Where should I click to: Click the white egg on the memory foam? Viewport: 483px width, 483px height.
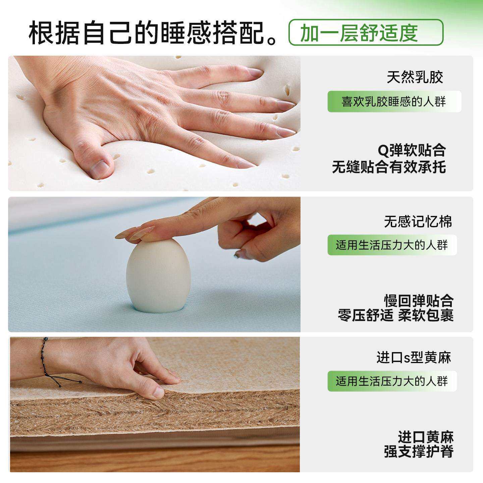158,275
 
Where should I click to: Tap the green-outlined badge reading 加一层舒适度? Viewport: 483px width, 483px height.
366,33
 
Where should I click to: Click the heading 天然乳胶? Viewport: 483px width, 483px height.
415,77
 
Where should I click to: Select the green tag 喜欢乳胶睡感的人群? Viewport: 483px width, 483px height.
394,101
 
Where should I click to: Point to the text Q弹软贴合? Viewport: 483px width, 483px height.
412,150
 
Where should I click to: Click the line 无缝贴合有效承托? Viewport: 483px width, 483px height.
389,167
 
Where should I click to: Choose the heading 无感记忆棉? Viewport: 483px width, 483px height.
418,222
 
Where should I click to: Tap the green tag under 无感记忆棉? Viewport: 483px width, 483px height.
392,245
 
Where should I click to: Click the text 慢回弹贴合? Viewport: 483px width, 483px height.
419,301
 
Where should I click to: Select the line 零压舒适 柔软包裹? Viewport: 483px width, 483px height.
395,315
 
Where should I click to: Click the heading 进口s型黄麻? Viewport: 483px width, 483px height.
414,358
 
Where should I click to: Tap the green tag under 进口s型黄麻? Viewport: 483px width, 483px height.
392,381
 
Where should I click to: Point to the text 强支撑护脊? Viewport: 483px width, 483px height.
419,451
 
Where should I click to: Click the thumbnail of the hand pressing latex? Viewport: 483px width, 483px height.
154,123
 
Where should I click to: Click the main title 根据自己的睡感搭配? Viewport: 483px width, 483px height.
151,33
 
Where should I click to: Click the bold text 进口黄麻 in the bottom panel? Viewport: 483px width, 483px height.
425,437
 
